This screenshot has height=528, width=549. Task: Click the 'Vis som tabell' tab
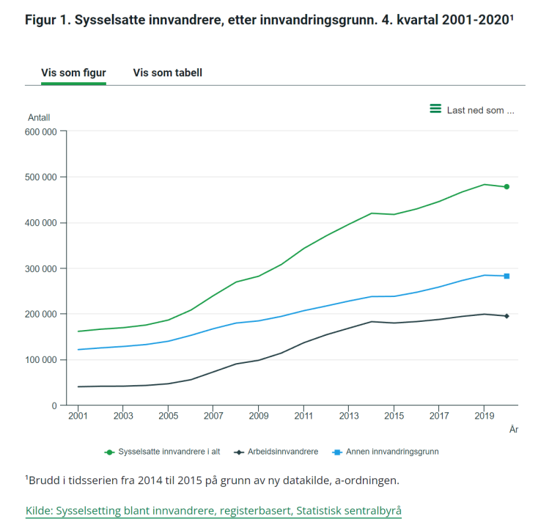[x=167, y=73]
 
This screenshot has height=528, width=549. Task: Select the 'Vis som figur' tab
[x=73, y=73]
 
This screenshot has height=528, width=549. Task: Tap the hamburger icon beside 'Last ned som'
[x=435, y=109]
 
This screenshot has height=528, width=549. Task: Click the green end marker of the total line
[x=506, y=187]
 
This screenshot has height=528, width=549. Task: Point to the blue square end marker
[x=506, y=276]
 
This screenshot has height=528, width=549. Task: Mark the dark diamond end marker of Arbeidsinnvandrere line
[x=506, y=316]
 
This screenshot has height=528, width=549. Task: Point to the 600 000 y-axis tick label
[x=41, y=132]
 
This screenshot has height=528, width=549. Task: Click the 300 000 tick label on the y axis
[x=41, y=268]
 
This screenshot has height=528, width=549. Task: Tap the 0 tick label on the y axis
[x=54, y=406]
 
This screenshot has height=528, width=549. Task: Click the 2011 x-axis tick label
[x=303, y=417]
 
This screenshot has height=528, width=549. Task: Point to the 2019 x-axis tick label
[x=484, y=417]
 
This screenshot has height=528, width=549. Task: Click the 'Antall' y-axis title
[x=39, y=117]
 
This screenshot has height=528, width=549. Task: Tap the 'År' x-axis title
[x=513, y=430]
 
